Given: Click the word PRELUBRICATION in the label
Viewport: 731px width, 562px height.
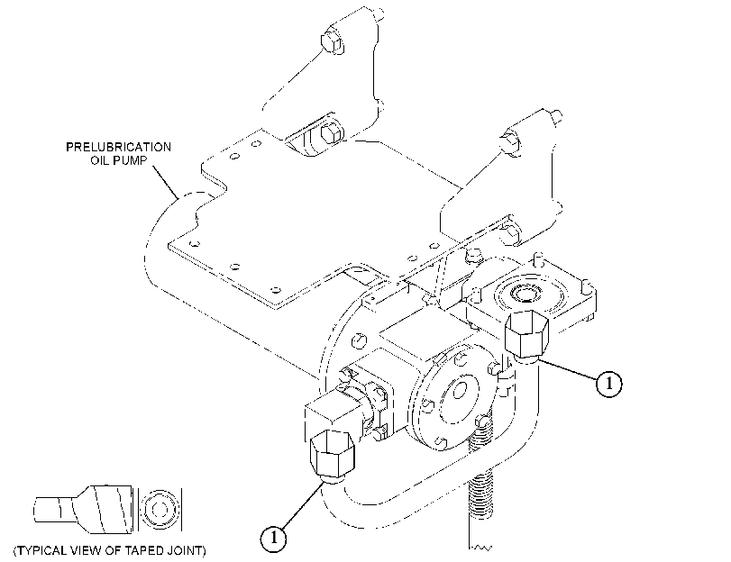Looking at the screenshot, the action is click(x=118, y=148).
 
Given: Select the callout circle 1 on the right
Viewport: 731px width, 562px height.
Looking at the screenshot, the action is click(x=608, y=384).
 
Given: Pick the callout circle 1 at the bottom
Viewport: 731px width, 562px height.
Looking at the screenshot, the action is click(x=273, y=539).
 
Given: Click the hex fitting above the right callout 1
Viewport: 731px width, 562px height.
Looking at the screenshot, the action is click(x=526, y=334).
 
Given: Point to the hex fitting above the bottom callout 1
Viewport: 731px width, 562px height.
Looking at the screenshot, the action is click(x=332, y=453).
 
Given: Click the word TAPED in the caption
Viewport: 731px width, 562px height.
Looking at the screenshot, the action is click(x=139, y=550).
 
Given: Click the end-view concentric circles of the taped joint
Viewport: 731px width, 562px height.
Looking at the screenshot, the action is click(x=160, y=510).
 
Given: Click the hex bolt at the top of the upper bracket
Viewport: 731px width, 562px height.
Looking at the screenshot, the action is click(x=332, y=42).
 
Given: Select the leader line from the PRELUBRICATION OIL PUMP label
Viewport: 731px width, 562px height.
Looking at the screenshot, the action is click(x=166, y=183).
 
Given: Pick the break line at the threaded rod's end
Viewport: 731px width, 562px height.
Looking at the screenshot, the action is click(x=480, y=548).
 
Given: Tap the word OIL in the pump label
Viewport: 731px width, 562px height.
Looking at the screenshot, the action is click(x=100, y=161).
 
